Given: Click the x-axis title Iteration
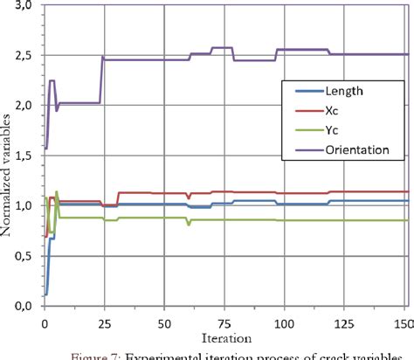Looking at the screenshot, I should click(x=225, y=336).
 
